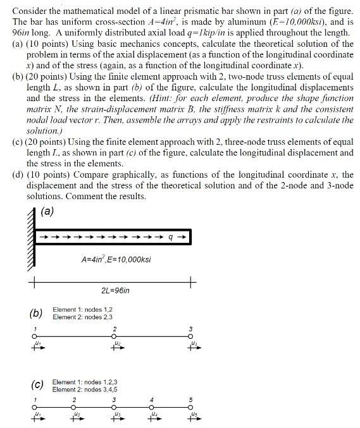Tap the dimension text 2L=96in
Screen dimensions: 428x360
coord(115,290)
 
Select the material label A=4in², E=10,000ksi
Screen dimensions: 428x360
coord(116,259)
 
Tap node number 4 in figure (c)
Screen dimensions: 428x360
coord(152,399)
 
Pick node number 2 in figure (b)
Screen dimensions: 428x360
coord(115,328)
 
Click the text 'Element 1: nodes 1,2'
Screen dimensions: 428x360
coord(82,309)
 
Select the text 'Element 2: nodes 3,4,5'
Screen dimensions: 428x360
coord(85,389)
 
